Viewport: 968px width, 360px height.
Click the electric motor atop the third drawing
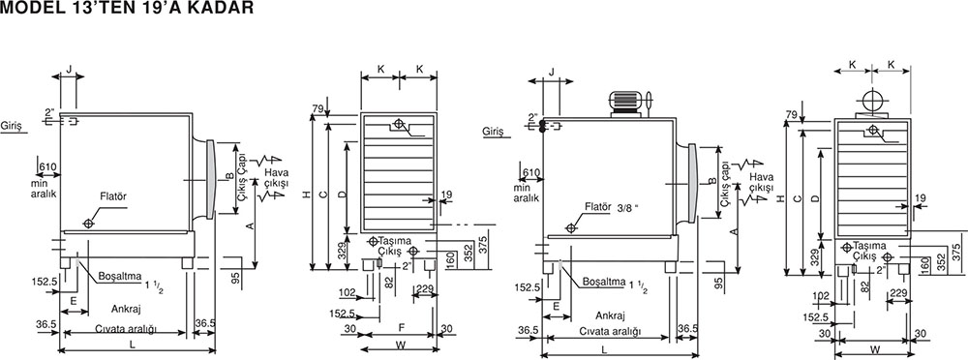click(630, 104)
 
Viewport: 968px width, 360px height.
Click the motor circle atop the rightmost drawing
click(872, 100)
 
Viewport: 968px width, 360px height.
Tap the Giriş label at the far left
click(11, 127)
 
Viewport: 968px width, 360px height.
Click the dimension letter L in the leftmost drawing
click(133, 345)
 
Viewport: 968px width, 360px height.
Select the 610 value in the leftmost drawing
click(47, 166)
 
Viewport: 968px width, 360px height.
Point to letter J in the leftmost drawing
click(70, 68)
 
